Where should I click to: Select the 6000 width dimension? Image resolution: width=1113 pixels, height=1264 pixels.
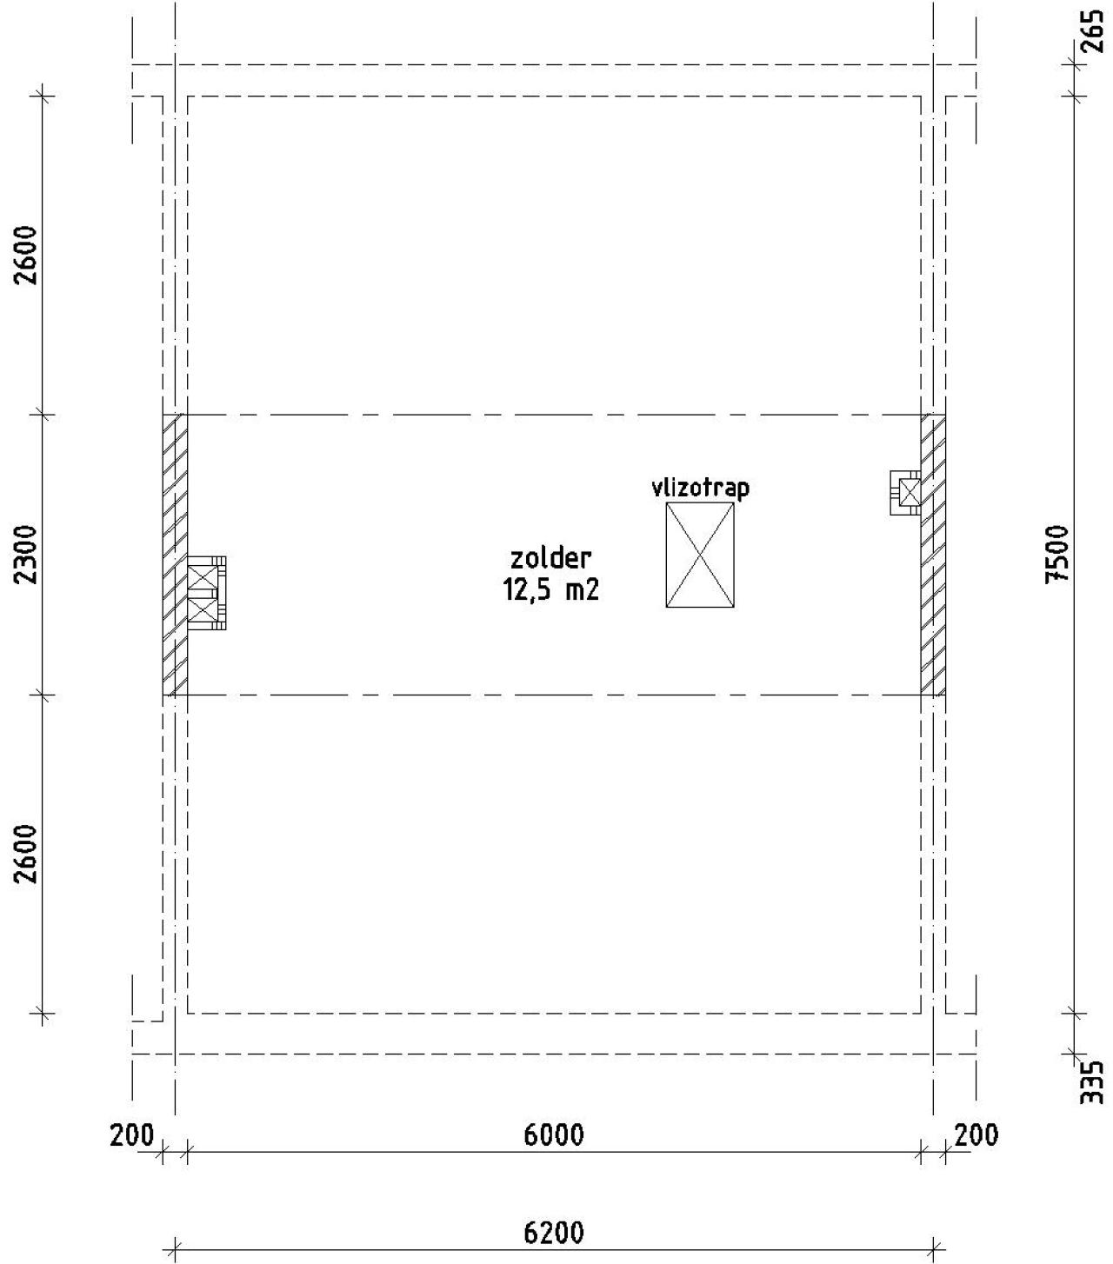[554, 1134]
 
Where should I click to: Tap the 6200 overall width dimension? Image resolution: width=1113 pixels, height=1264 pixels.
[554, 1233]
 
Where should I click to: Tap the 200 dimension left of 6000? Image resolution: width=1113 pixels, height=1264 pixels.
[132, 1134]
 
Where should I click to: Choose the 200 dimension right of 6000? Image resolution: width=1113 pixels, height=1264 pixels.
[976, 1134]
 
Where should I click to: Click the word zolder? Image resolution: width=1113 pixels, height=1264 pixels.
[551, 557]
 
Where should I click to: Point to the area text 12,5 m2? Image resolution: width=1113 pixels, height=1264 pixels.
[551, 590]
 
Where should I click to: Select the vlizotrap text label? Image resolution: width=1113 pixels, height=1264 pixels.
[700, 488]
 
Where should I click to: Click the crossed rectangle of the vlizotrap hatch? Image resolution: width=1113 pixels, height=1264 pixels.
[700, 555]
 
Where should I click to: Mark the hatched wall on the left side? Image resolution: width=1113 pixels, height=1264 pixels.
[175, 555]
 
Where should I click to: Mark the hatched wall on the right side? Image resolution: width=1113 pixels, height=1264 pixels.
[934, 555]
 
